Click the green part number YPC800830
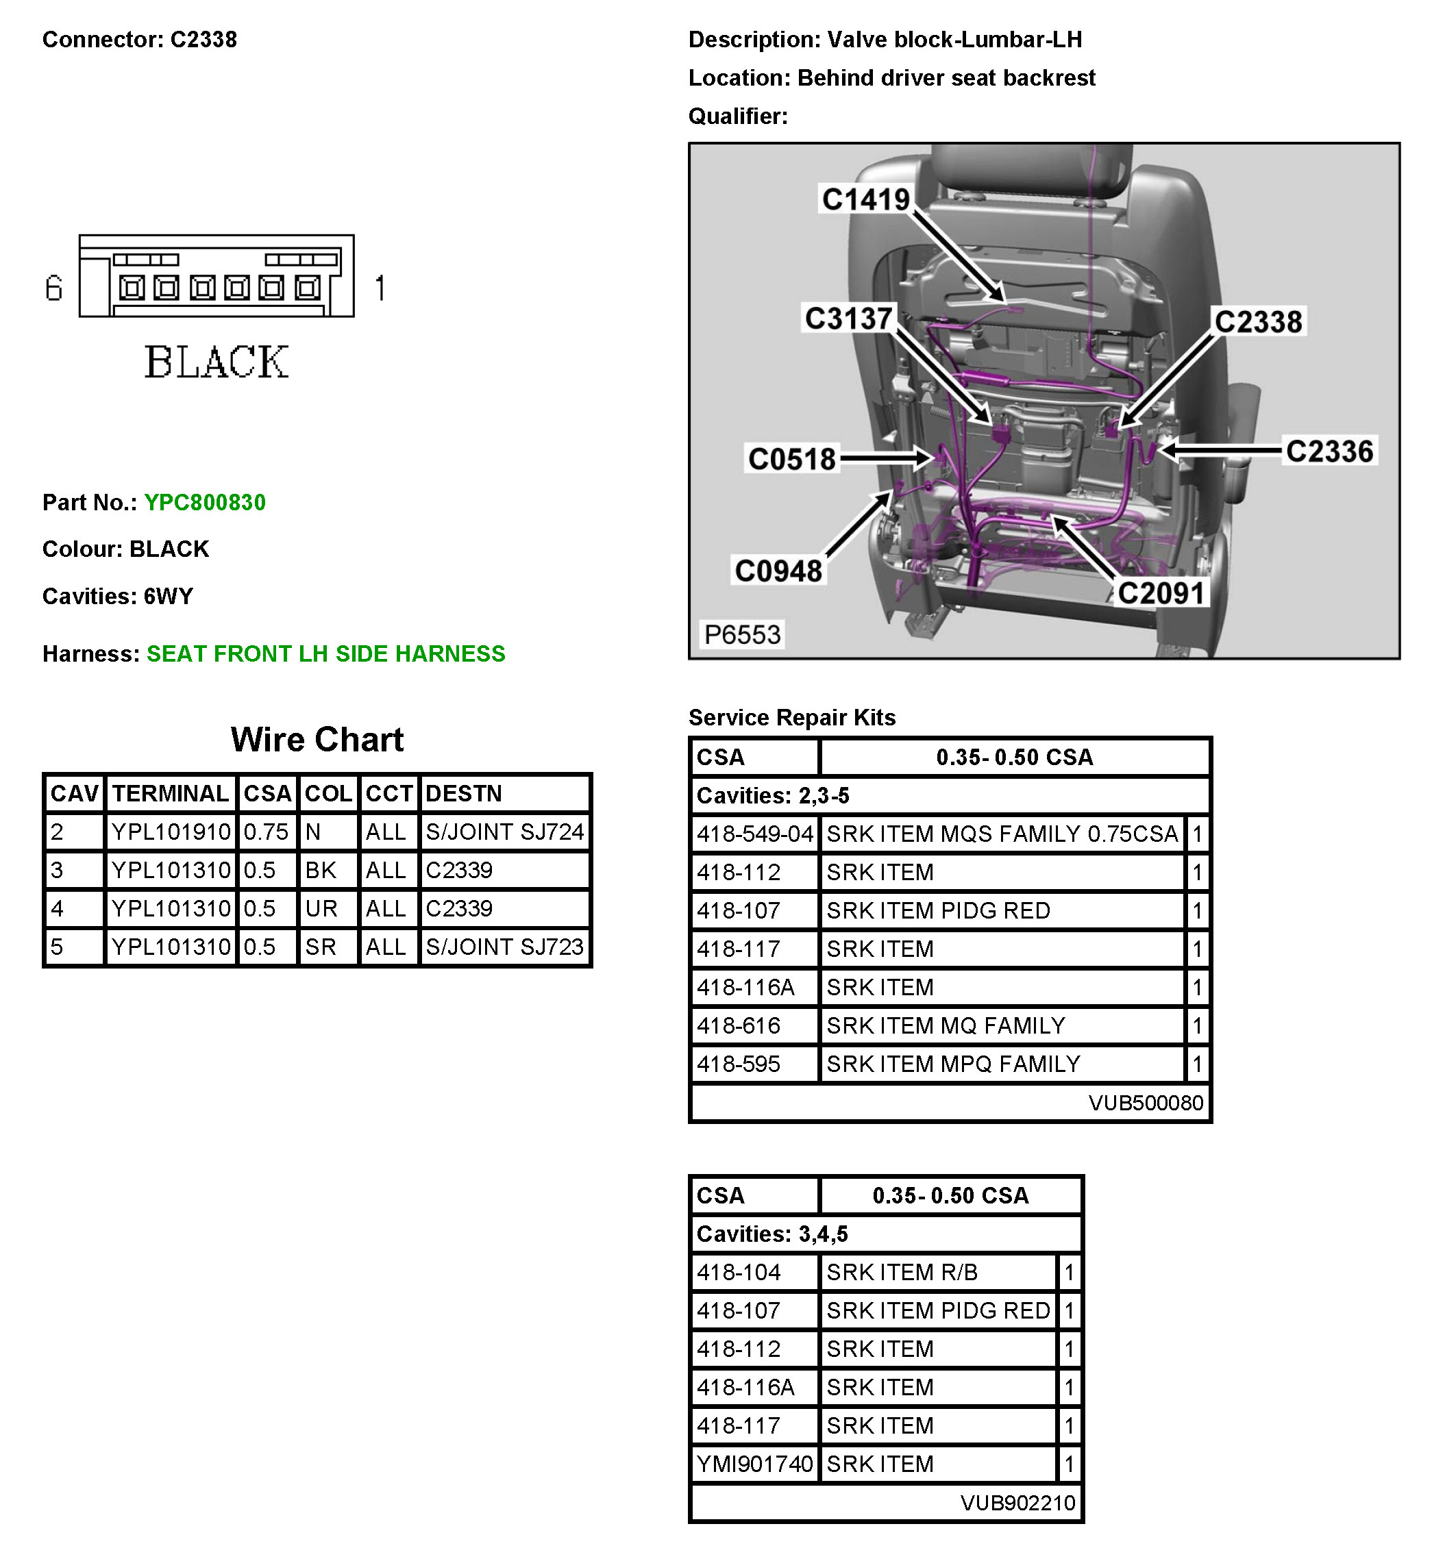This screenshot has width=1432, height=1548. click(x=205, y=502)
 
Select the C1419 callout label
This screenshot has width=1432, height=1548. click(x=865, y=199)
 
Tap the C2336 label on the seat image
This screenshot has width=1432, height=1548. click(x=1329, y=451)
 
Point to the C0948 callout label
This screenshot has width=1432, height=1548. click(x=778, y=571)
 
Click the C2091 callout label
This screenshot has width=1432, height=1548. click(x=1161, y=592)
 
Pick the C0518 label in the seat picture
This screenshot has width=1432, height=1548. click(x=792, y=459)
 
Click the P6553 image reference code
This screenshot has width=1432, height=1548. click(x=741, y=634)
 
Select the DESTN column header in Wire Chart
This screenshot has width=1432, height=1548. click(x=463, y=793)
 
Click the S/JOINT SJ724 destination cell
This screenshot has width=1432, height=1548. click(x=504, y=832)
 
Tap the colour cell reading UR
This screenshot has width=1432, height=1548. click(x=321, y=908)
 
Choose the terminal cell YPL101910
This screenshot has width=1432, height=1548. click(x=171, y=832)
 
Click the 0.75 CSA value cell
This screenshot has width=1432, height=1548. click(x=266, y=832)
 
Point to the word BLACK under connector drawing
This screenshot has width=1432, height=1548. click(x=217, y=362)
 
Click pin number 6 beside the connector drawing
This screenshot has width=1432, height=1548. click(x=53, y=288)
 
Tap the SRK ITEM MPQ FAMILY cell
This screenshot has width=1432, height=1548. click(x=953, y=1064)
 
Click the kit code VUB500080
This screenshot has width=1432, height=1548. click(x=1146, y=1103)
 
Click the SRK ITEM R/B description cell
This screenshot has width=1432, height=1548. click(x=902, y=1272)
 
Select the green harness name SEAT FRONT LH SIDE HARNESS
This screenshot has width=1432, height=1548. click(x=325, y=654)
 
